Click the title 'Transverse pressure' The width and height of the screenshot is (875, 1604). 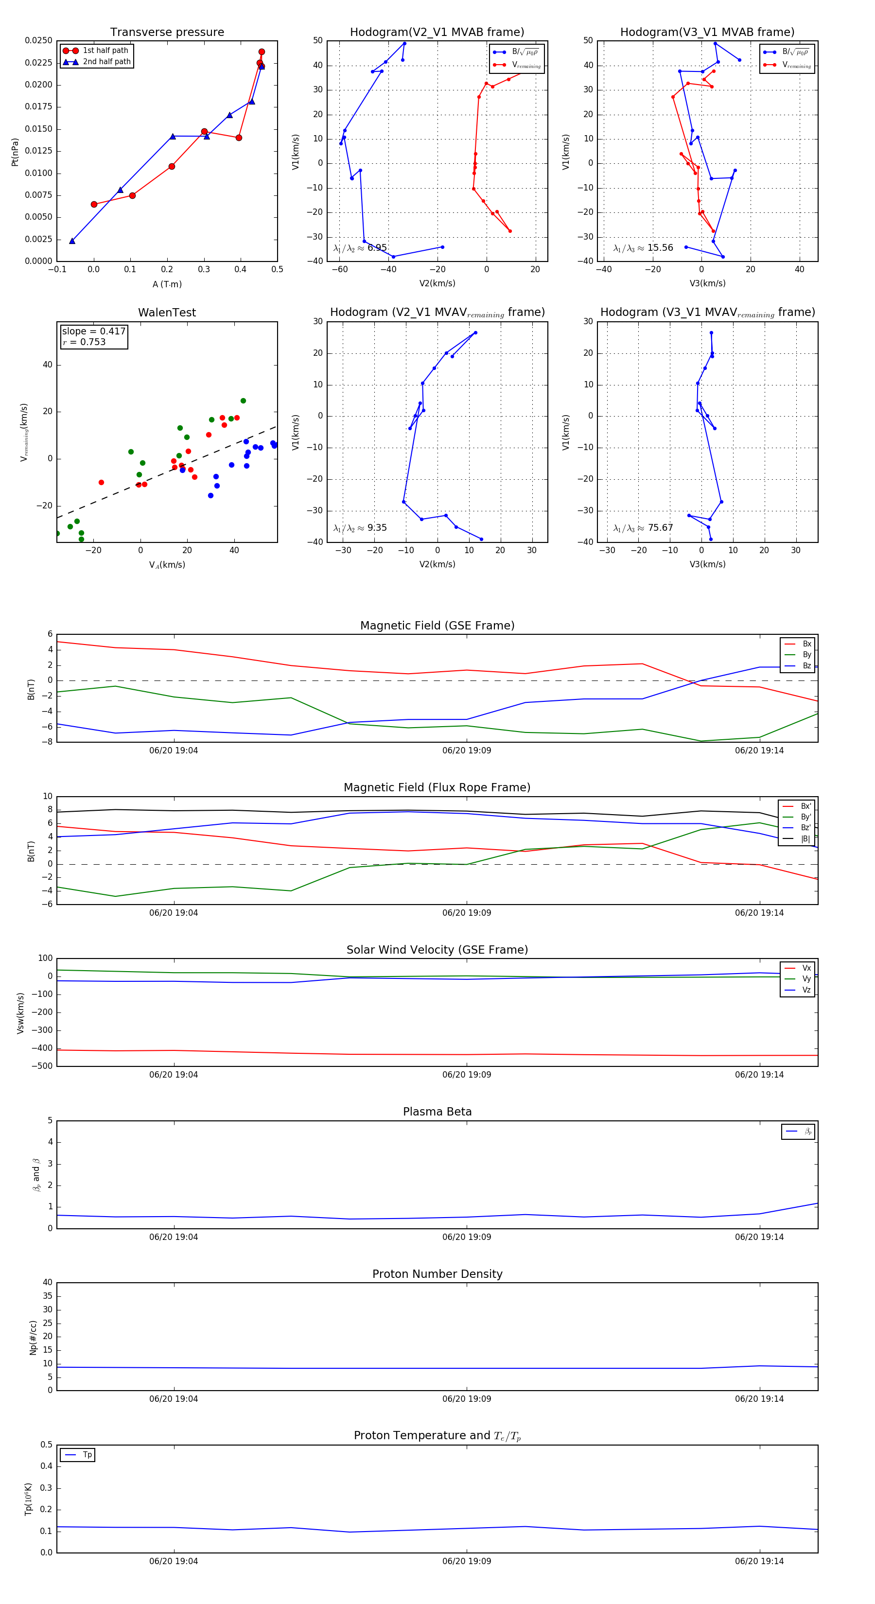tap(167, 33)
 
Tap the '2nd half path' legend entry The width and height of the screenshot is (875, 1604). tap(106, 62)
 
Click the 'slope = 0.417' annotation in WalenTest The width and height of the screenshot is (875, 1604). tap(93, 331)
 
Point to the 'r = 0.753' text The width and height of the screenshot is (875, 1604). tap(84, 342)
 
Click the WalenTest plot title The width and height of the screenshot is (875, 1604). tap(167, 313)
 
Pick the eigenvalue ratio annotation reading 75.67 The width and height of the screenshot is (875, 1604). tap(643, 528)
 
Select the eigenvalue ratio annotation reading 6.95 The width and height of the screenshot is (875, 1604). tap(360, 248)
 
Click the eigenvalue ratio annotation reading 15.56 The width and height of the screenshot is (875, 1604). tap(643, 248)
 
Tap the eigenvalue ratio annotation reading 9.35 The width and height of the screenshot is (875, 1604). tap(360, 528)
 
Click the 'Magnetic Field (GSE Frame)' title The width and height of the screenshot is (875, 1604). tap(437, 626)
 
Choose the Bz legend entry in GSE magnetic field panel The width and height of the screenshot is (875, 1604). tap(806, 665)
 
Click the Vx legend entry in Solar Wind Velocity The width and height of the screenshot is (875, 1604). tap(806, 968)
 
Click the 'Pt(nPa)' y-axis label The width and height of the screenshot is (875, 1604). tap(15, 152)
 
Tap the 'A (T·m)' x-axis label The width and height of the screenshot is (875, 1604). tap(167, 284)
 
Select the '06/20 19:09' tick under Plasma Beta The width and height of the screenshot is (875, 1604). tap(467, 1237)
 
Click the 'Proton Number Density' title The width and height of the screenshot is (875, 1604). tap(437, 1274)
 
